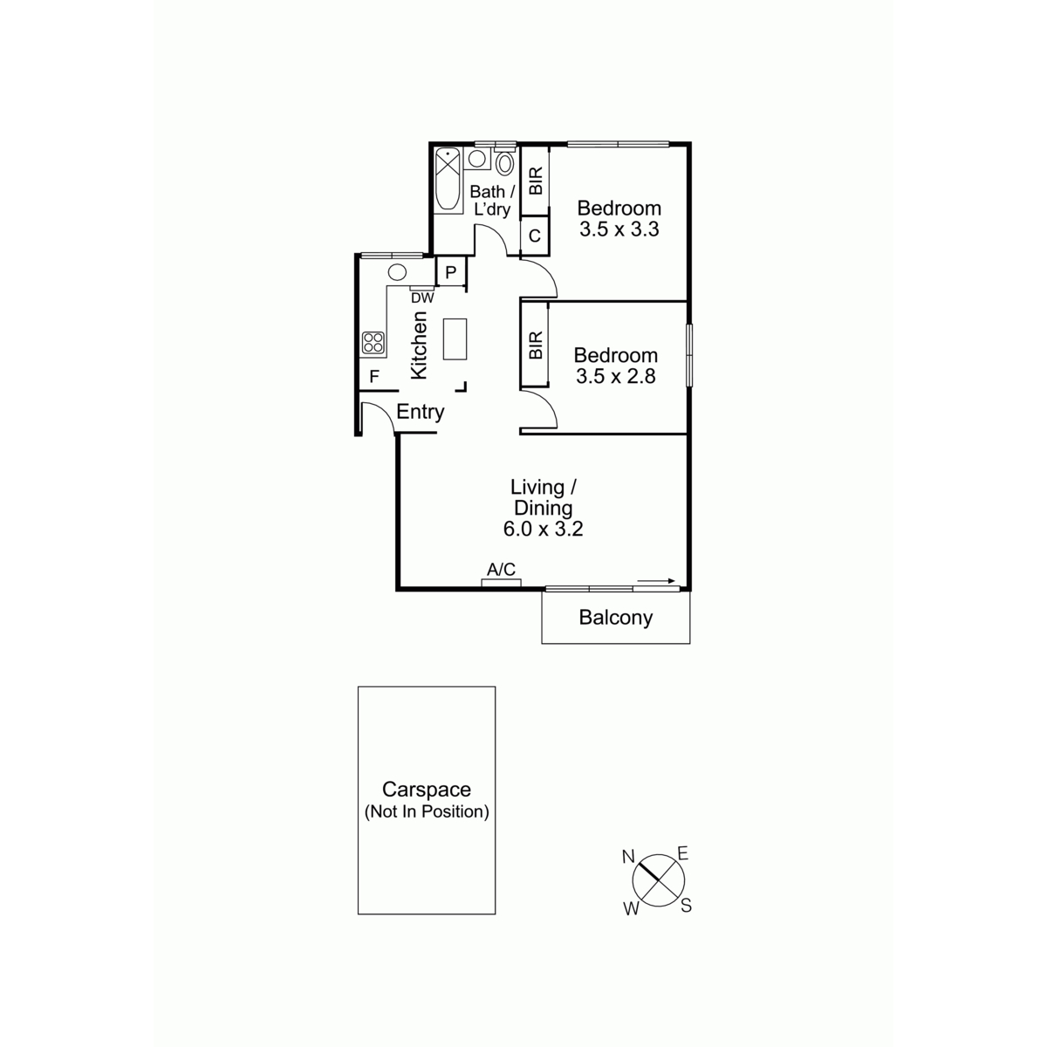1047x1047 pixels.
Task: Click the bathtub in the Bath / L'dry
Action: click(448, 180)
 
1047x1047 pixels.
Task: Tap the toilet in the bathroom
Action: click(505, 161)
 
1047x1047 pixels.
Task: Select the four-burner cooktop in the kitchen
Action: click(373, 343)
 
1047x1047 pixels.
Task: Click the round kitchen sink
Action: click(397, 271)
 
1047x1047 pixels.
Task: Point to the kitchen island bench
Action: click(455, 339)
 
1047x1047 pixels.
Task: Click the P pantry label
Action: click(450, 272)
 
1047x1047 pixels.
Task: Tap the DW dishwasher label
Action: click(422, 298)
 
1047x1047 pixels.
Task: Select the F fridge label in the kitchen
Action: click(373, 376)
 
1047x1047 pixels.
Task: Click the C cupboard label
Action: click(535, 236)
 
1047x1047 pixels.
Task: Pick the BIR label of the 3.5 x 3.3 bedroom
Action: click(536, 181)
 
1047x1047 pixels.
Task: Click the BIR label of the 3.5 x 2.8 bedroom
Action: click(536, 345)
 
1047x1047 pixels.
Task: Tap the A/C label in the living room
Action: click(501, 570)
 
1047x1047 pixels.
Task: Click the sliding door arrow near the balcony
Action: click(655, 581)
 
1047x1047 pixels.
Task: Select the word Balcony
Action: click(616, 618)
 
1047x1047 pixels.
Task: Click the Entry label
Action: click(420, 412)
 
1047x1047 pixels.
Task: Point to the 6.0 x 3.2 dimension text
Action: click(544, 529)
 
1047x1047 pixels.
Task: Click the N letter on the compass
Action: click(628, 857)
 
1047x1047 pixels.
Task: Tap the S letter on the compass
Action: click(687, 905)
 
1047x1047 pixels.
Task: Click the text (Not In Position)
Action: click(427, 811)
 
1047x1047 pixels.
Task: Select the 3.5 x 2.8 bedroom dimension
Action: click(616, 376)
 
